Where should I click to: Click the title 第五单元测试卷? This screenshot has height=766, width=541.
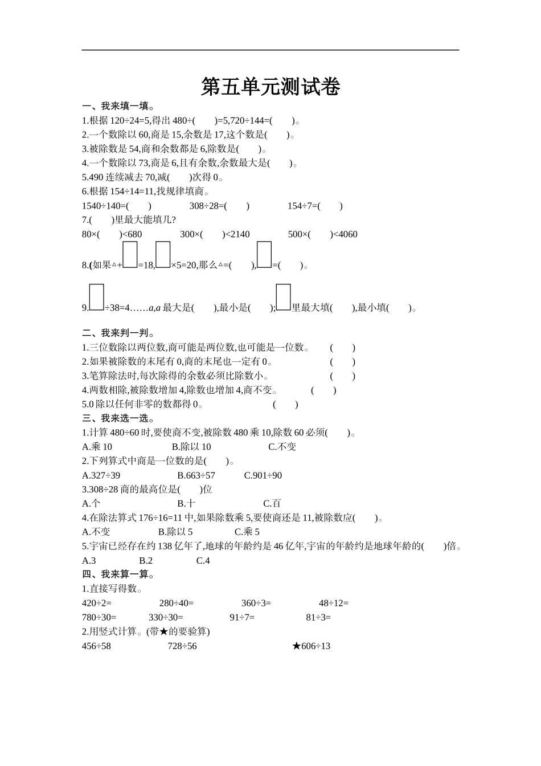coord(270,87)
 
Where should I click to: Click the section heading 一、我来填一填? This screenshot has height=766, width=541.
coord(118,106)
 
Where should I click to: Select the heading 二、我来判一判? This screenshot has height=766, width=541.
coord(118,333)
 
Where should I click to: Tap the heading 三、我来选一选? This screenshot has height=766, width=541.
coord(118,418)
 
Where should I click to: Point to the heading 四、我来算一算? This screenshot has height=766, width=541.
coord(118,574)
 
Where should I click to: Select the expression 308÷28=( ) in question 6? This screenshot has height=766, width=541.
coord(219,206)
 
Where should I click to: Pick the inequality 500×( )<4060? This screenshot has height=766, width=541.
coord(322,234)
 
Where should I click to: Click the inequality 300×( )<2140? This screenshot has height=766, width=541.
coord(215,234)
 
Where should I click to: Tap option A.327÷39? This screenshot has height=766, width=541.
coord(101,475)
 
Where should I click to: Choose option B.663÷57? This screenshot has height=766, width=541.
coord(196,475)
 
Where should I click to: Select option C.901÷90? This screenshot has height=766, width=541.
coord(263,475)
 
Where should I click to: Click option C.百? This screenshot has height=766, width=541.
coord(272,503)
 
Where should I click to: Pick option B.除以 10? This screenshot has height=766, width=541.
coord(191,447)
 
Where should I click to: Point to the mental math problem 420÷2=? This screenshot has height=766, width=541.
coord(97,603)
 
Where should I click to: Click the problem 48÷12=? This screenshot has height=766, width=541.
coord(334,603)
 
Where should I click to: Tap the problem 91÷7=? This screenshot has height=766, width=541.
coord(242,617)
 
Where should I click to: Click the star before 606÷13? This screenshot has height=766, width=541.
coord(296,646)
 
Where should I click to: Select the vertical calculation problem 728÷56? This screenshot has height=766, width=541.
coord(182,646)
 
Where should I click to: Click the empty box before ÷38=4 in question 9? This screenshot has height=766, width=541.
coord(96,297)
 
